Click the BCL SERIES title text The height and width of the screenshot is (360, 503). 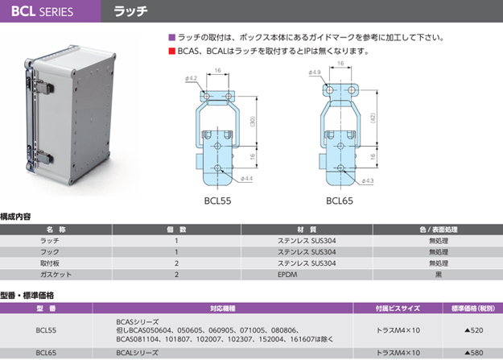pos(42,12)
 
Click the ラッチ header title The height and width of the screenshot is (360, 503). pos(130,12)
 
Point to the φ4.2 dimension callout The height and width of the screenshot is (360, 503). pos(192,77)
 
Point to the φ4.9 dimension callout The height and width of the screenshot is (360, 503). pos(314,72)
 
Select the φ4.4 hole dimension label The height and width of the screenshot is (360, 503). pos(245,178)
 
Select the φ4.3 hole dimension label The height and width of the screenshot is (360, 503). pos(368,180)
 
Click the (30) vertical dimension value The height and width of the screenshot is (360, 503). pos(253,121)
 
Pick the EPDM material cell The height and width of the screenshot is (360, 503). pos(287,275)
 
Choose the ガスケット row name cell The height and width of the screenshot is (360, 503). pos(51,275)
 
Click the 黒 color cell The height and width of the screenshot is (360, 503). pos(439,275)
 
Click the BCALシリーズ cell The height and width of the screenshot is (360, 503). pos(132,352)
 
